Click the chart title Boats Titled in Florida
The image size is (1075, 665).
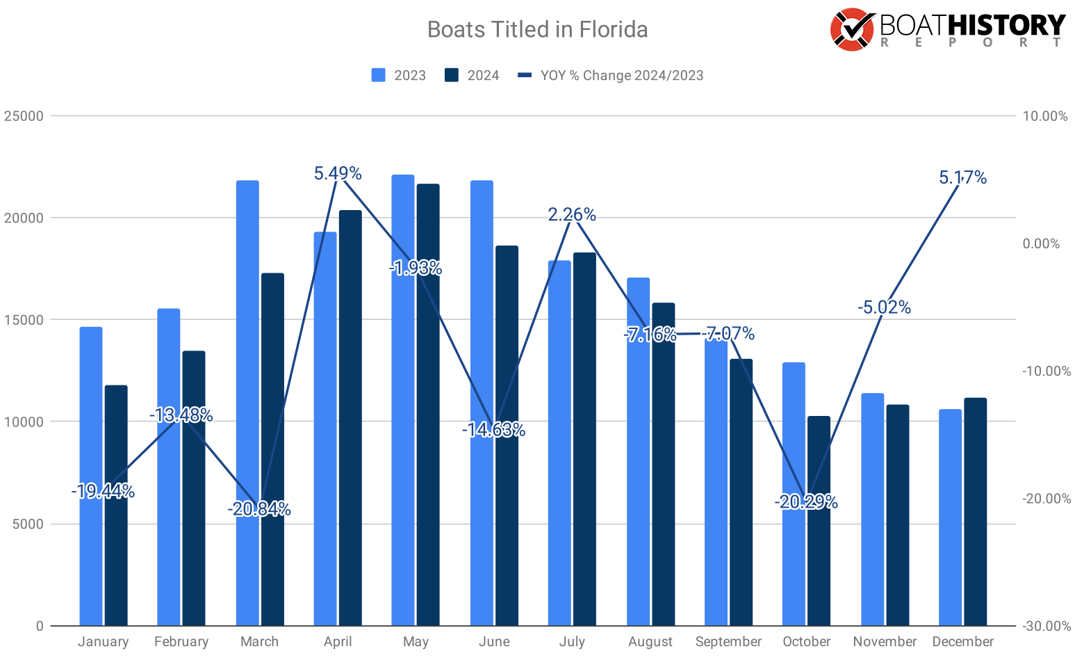537,29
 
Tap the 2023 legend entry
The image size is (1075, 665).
399,75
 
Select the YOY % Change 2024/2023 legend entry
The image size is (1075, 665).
612,75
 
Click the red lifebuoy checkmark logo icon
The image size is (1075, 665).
852,30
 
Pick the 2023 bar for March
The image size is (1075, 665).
247,403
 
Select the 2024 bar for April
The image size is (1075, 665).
350,417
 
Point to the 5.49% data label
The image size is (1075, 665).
338,173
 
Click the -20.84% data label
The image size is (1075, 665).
259,509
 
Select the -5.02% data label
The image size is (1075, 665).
884,307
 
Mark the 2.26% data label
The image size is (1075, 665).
572,214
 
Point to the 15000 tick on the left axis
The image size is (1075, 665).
24,320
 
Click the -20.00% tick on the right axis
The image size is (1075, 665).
1046,499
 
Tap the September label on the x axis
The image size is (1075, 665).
728,641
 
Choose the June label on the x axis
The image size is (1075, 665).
494,641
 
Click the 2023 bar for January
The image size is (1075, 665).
91,476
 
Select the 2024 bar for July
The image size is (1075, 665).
584,439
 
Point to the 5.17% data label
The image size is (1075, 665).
962,177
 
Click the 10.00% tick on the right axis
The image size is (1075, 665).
1045,116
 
